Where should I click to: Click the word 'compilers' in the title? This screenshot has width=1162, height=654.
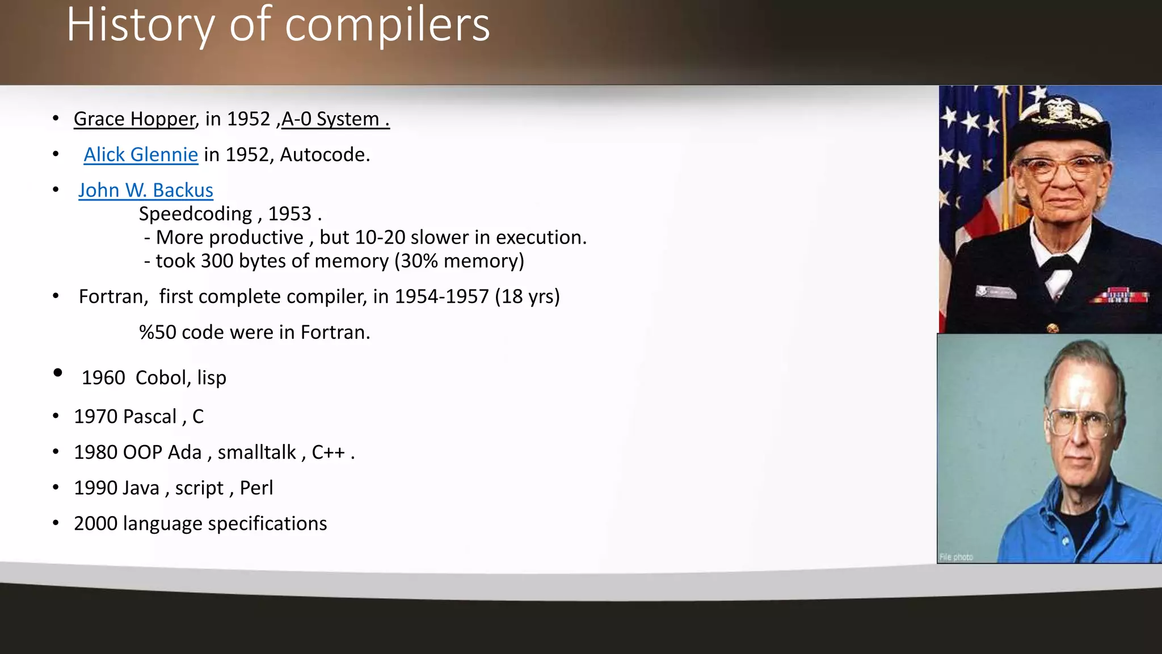[388, 26]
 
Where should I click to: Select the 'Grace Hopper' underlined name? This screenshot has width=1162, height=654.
[134, 119]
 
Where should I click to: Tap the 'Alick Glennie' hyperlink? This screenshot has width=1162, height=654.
[141, 154]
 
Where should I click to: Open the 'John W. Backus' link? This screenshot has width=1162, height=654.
[146, 190]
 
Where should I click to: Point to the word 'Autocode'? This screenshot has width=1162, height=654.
[324, 154]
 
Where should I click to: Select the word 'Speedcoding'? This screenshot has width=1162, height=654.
[195, 214]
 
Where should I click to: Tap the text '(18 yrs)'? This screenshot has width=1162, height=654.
[527, 296]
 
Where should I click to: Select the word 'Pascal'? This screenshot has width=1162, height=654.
[149, 417]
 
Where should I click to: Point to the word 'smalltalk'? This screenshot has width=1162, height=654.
[256, 452]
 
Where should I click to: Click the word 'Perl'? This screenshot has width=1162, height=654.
[256, 488]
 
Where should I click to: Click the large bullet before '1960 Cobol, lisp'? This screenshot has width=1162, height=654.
[57, 373]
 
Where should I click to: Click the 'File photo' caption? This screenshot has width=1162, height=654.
[956, 557]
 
